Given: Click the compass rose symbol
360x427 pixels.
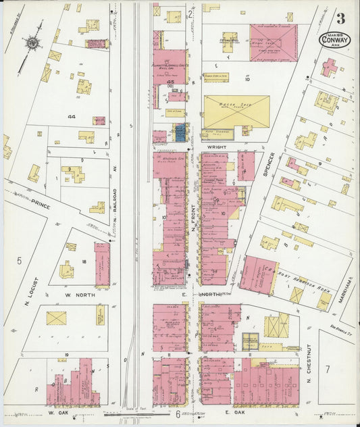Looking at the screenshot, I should [x=31, y=44].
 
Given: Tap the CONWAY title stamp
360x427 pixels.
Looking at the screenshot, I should [x=335, y=39].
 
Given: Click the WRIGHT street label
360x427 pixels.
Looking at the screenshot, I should [x=217, y=145].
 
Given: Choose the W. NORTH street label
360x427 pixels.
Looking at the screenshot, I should [x=80, y=295].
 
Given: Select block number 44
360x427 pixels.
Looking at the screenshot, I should [x=72, y=116].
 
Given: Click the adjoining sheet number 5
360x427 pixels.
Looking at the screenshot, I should [x=19, y=260].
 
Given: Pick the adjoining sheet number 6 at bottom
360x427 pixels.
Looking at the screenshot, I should [x=178, y=413].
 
